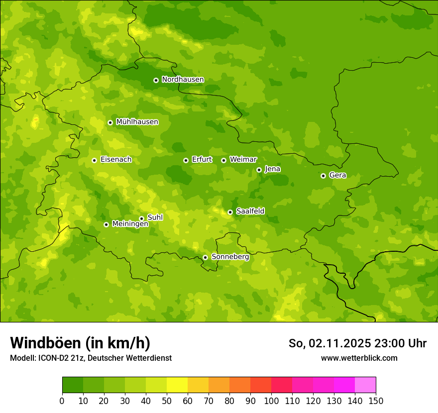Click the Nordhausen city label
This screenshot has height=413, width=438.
coord(183,80)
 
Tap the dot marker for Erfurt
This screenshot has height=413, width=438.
coord(186,160)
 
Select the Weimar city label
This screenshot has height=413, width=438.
coord(243,160)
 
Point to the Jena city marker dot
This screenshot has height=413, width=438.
coord(259,170)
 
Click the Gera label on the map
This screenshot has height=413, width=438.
coord(337,175)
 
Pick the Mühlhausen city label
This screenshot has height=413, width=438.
coord(137,122)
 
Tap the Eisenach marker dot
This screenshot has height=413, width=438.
coord(94,160)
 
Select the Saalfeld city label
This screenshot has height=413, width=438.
coord(250,211)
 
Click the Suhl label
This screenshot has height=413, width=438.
coord(155,217)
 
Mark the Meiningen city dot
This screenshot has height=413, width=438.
coord(106,224)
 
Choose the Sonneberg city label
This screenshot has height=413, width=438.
coord(230,257)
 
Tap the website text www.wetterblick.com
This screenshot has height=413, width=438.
coord(359,358)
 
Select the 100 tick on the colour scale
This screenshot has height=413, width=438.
coord(271,401)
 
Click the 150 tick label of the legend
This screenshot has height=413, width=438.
coord(376,401)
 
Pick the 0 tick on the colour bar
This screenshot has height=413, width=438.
coord(62,401)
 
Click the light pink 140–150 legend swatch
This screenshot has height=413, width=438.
coord(365,385)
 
